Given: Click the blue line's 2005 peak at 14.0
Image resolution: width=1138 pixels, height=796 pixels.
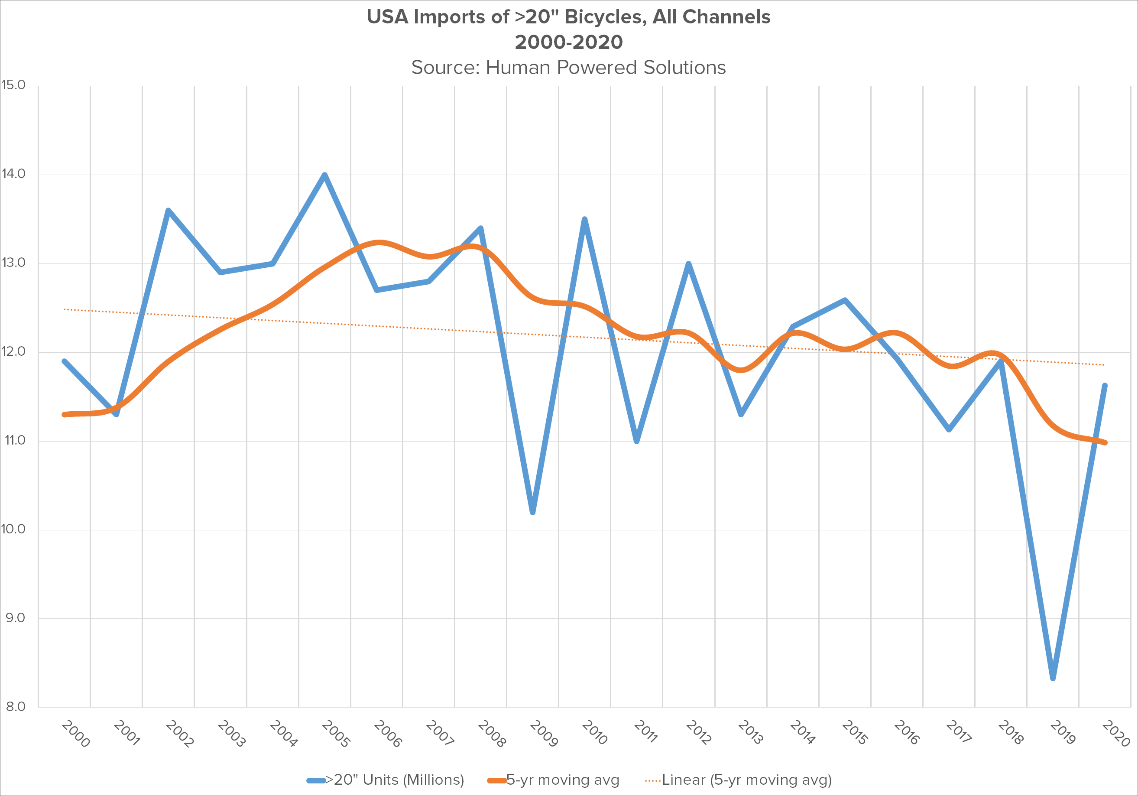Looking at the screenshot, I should (x=324, y=175).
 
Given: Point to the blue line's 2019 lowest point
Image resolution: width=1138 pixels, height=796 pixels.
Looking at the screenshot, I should (x=1053, y=678).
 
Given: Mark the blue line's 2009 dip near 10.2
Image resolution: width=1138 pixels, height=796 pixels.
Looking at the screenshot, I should (x=533, y=512).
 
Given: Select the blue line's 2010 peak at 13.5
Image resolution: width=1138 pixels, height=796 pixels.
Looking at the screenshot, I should (x=585, y=219).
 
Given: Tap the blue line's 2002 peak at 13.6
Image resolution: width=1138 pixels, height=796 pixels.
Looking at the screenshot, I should (x=169, y=211).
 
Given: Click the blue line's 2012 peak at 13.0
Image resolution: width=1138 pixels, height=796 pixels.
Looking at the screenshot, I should (x=689, y=264).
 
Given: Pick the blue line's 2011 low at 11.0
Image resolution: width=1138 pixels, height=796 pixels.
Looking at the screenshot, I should (x=637, y=441).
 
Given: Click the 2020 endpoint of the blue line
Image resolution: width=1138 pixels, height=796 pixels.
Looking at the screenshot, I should (x=1105, y=386).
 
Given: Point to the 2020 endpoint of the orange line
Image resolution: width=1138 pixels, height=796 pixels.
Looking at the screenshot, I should (x=1105, y=442).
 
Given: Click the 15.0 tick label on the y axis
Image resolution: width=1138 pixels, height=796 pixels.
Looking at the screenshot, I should (x=13, y=85).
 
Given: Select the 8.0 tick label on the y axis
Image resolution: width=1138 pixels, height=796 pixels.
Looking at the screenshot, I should (x=15, y=706).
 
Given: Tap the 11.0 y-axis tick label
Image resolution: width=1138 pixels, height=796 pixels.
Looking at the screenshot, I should (x=14, y=440).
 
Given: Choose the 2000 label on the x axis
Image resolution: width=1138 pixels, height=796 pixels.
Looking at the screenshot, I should (x=76, y=734).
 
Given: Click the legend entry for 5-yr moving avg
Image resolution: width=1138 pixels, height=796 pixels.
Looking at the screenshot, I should (x=563, y=780).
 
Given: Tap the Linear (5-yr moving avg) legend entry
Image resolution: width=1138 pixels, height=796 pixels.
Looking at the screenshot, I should (x=746, y=780).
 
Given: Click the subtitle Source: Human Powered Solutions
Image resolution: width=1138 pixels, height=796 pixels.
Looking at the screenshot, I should (x=568, y=68).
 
